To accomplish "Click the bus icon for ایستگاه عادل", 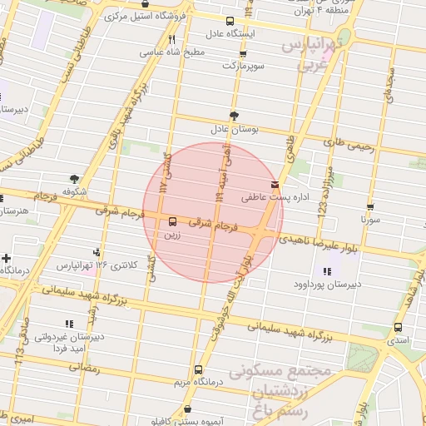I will pos(230,21).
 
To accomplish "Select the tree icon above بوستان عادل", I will pos(234,116).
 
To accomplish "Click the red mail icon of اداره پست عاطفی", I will pos(275,185).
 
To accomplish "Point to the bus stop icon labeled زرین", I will pos(172,221).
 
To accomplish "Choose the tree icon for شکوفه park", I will pos(74,178).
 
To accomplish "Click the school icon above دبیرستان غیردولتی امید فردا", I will pos(68,324).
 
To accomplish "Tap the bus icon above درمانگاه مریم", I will pos(197,369).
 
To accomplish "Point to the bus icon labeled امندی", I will pos(399,327).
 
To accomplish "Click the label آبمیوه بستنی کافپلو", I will pos(191,421).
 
